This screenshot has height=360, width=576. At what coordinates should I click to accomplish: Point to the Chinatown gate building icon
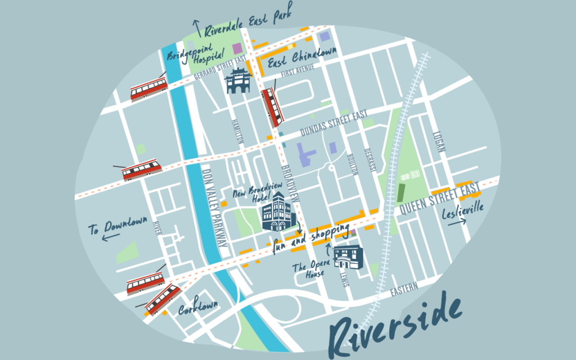[x=237, y=82]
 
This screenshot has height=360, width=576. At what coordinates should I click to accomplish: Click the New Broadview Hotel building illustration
[x=276, y=212]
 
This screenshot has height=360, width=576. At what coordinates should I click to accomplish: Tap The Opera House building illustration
[x=348, y=258]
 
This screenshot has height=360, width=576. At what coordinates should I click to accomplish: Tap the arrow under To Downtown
[x=111, y=237]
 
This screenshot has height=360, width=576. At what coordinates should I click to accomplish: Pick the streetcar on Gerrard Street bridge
[x=149, y=89]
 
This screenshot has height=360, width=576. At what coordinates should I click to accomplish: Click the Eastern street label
[x=404, y=288]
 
